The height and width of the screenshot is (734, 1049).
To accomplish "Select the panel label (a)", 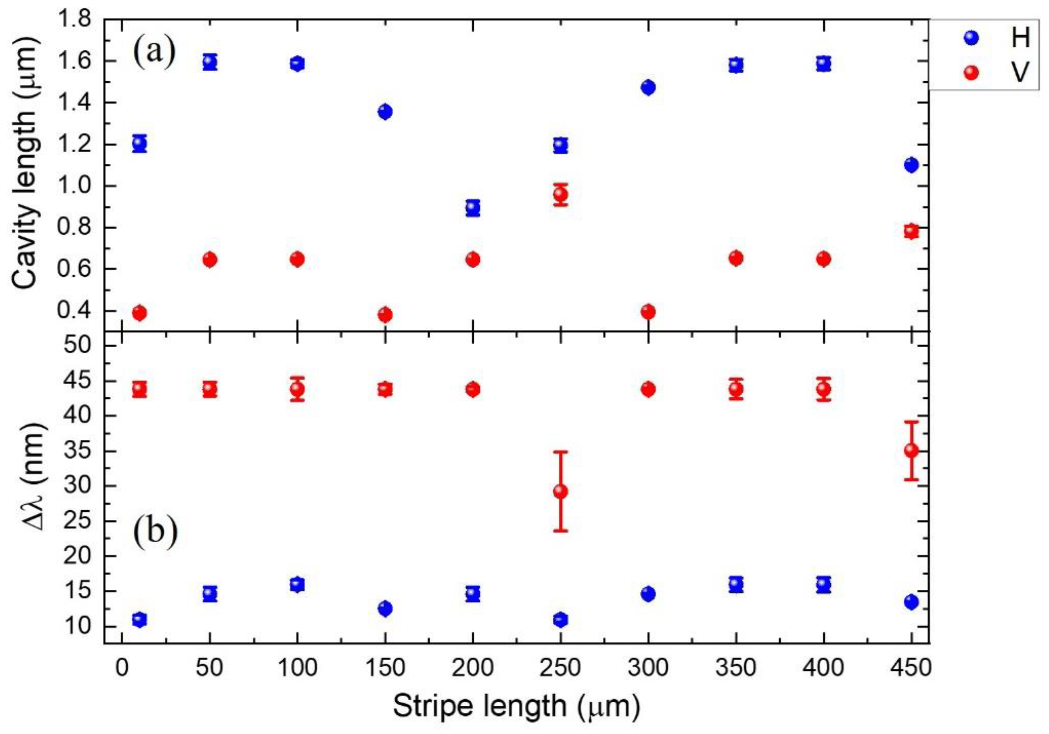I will click(x=154, y=52).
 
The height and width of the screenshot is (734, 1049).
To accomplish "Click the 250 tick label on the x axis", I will click(x=560, y=668).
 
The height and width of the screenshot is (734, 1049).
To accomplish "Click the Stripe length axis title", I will click(x=516, y=706).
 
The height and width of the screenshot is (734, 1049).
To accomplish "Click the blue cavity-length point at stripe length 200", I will click(x=473, y=208).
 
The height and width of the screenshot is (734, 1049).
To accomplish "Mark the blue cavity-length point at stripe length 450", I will click(x=911, y=165).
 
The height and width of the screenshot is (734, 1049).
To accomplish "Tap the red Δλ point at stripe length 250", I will click(x=561, y=491).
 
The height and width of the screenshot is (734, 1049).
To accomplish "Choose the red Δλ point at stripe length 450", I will click(x=911, y=450).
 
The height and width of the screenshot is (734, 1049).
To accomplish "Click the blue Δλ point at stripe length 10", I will click(x=139, y=620).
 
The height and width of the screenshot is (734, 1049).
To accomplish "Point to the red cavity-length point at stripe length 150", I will click(x=385, y=315).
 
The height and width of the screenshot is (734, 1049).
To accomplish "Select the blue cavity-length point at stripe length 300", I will click(x=648, y=87).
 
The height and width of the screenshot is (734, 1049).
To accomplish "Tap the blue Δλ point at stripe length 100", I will click(x=297, y=584).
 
